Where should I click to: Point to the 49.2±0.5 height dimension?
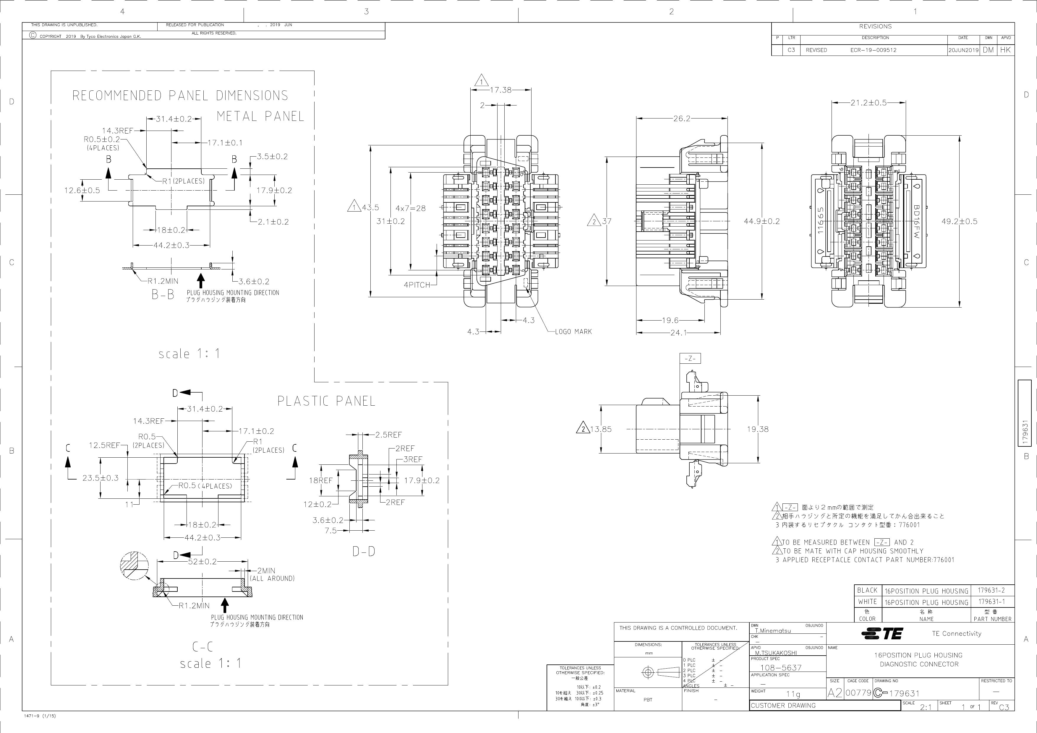coord(959,222)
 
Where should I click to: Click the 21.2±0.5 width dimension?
coord(868,103)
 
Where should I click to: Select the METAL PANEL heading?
coord(260,116)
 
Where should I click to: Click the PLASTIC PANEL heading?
coord(326,401)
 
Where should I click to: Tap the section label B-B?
coord(163,295)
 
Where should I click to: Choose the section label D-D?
coord(364,551)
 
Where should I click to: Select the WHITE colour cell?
coord(867,602)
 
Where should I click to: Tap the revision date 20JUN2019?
coord(963,50)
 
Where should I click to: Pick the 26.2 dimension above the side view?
coord(682,119)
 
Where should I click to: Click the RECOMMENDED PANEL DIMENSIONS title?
coord(180,96)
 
